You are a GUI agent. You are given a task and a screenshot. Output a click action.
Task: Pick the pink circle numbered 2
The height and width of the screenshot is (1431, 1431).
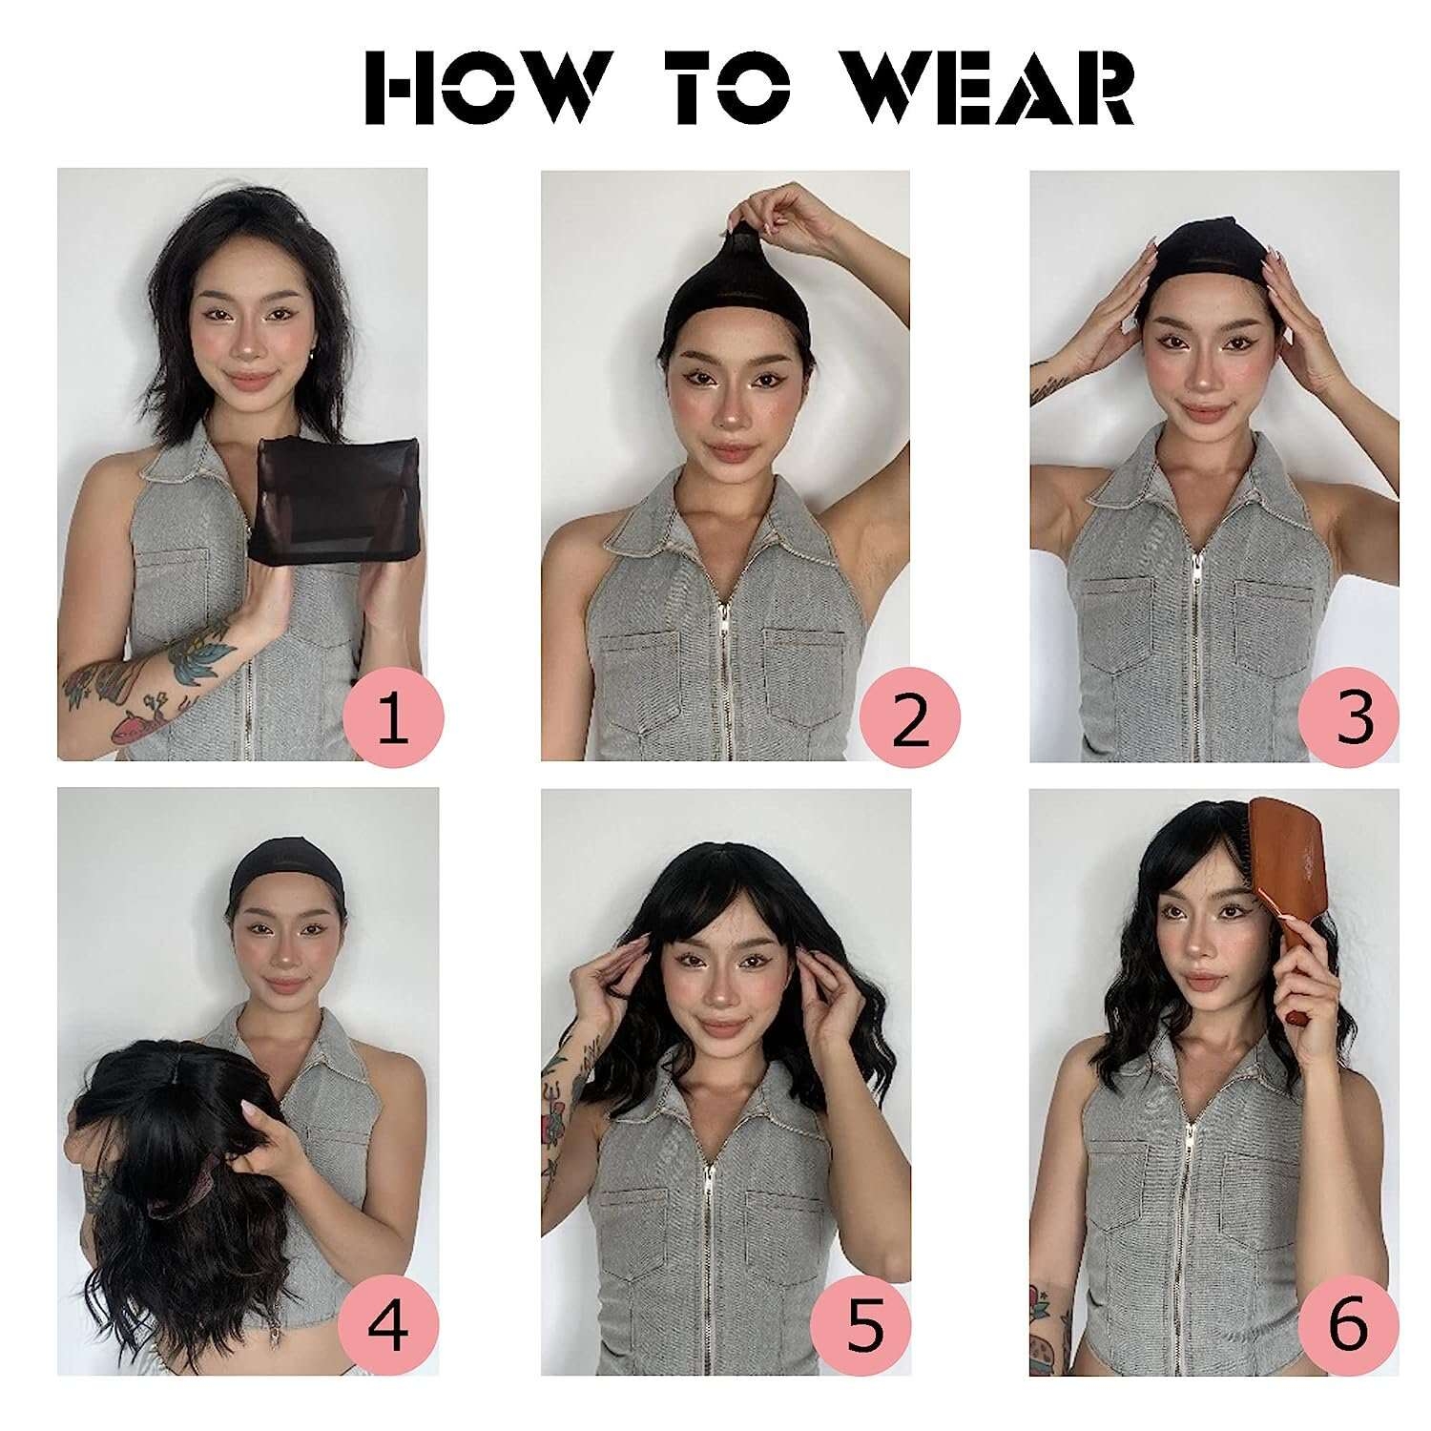[909, 718]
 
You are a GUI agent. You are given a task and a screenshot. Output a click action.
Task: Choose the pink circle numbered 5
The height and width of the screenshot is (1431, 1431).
[861, 1325]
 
